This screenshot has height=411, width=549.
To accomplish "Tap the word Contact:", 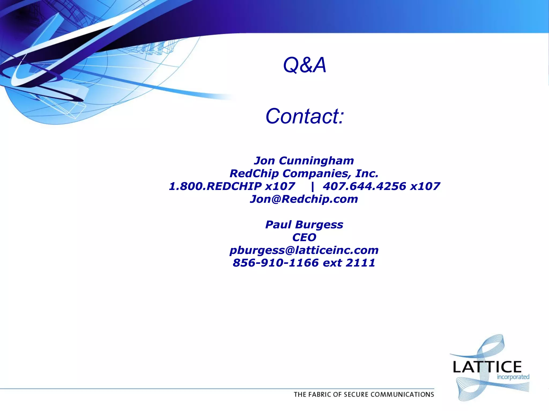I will pos(305,116).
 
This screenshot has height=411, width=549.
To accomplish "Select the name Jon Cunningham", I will pos(304,161).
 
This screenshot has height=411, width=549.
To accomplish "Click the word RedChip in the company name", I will pos(254,174).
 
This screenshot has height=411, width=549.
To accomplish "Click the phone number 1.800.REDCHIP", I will pos(216,186).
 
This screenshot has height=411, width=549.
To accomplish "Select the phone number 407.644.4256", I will pos(365,186).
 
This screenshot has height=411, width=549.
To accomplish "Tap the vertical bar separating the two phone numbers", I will pos(312,187).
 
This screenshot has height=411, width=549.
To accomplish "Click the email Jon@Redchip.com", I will pos(304,199).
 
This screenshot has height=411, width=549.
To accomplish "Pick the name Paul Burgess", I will pos(304,224).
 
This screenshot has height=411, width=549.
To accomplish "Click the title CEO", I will pos(304,237).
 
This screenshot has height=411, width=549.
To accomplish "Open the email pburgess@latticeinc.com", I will pos(304,250).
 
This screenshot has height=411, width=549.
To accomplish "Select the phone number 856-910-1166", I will pos(276,263).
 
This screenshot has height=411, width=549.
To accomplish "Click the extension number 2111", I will pos(360,263).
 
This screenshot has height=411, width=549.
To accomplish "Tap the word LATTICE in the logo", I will pos(487,367).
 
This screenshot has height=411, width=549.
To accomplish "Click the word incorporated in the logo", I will pos(513,377).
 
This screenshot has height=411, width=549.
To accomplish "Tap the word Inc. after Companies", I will pos(367,174).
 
